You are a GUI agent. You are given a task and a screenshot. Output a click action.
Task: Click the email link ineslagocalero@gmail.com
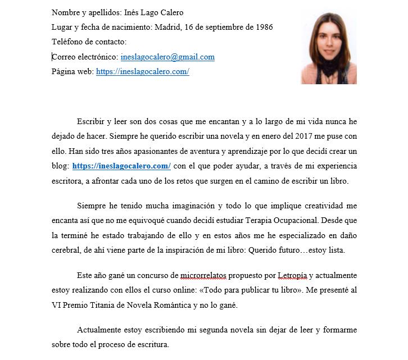(x=167, y=57)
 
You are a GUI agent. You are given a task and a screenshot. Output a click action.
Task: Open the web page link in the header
(x=143, y=71)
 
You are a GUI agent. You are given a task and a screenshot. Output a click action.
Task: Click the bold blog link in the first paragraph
(x=121, y=166)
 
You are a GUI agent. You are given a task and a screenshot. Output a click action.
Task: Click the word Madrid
(x=167, y=27)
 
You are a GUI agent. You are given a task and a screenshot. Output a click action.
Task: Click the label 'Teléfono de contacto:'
(x=89, y=42)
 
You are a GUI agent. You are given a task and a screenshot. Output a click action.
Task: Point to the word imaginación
(x=178, y=206)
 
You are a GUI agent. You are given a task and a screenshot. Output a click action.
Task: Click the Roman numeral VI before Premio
(x=57, y=306)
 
